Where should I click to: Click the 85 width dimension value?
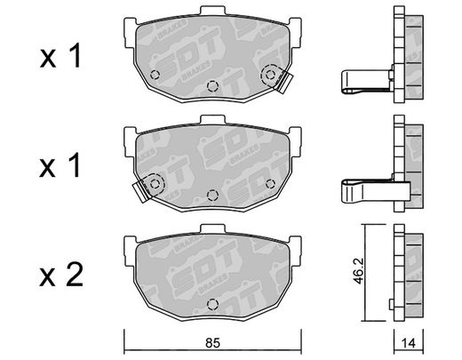(x=212, y=343)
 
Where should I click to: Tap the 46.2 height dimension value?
(x=359, y=271)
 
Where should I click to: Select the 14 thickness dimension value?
(x=409, y=343)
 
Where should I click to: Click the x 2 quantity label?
(x=61, y=276)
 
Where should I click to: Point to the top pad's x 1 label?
(x=60, y=55)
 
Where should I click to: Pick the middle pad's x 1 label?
(x=60, y=165)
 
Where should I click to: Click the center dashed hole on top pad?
(x=212, y=86)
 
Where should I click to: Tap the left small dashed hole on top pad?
(x=155, y=75)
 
